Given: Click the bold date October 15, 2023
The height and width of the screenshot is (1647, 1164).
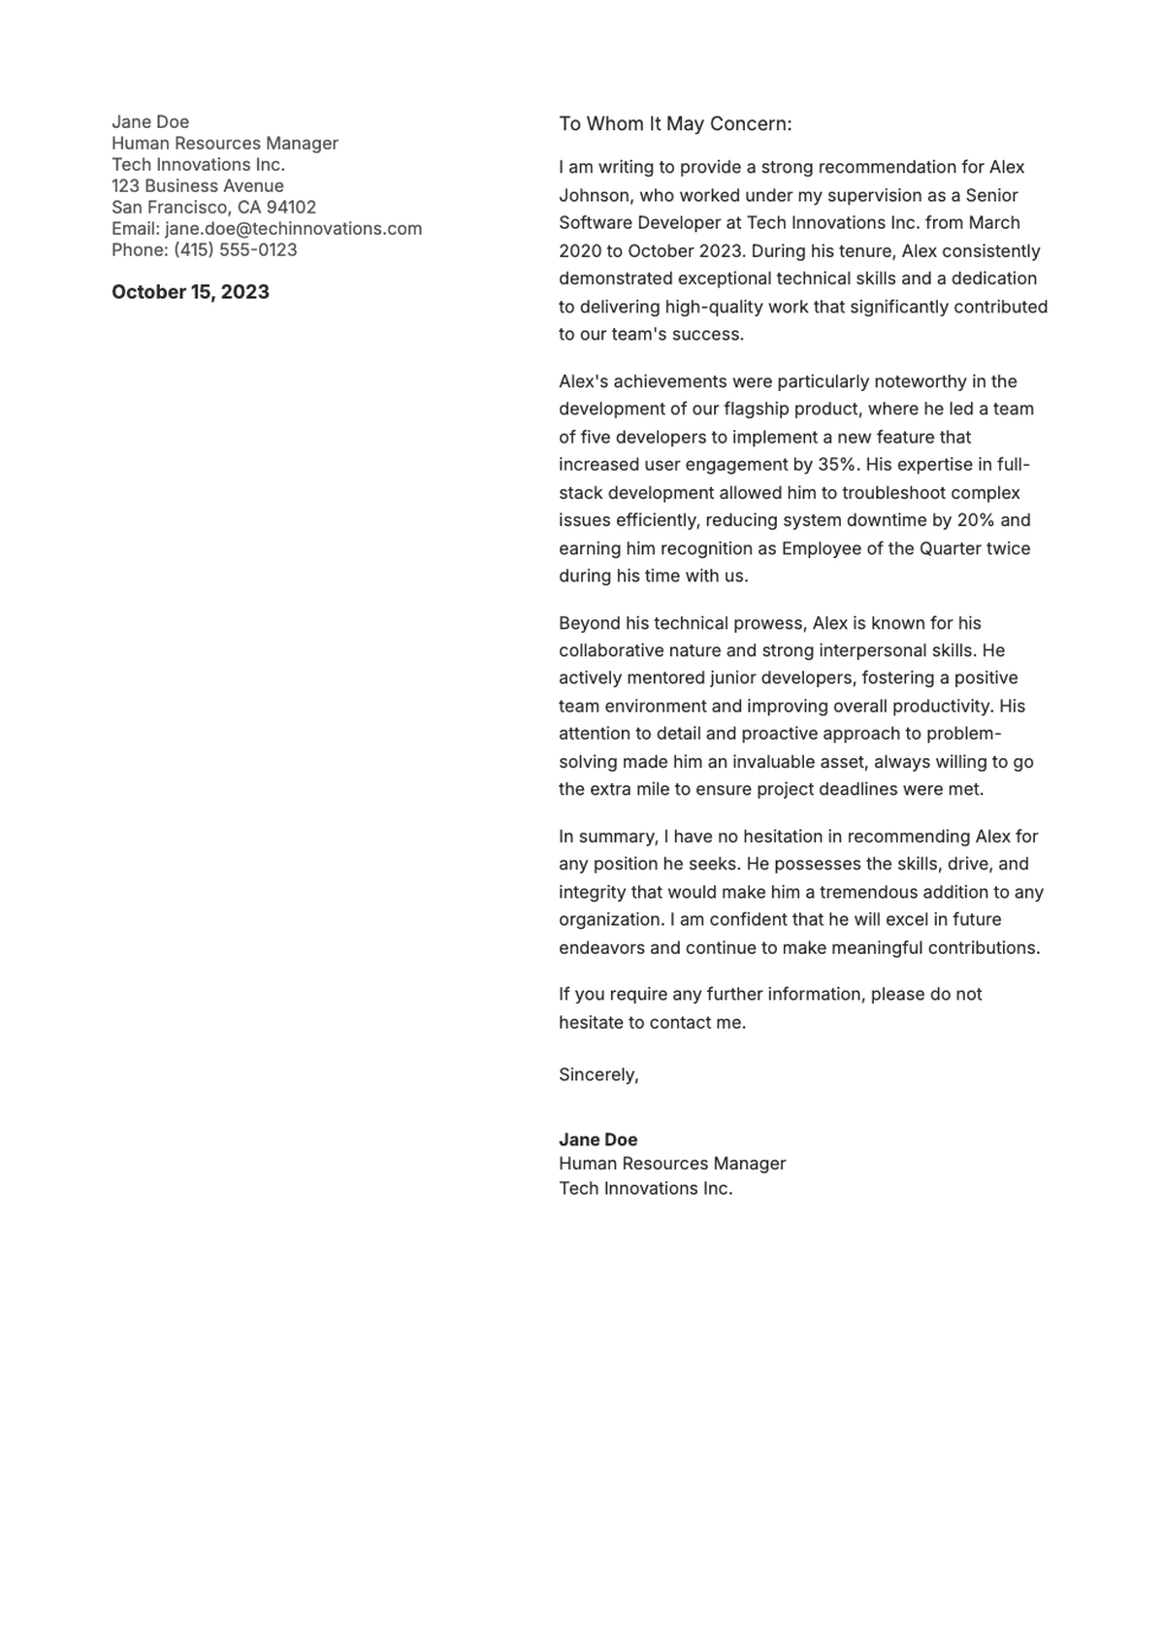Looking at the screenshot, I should [190, 292].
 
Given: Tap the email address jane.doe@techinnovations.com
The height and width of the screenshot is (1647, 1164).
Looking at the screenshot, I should [293, 229].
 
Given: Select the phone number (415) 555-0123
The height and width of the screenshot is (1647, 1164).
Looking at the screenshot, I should [236, 250].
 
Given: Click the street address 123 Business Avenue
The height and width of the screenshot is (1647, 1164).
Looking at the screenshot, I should [198, 186].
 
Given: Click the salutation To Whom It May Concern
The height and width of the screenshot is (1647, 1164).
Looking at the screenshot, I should [675, 124].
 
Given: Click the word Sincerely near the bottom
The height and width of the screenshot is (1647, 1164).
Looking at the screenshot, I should [598, 1075].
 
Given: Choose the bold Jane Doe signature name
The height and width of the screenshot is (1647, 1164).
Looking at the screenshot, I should [598, 1140].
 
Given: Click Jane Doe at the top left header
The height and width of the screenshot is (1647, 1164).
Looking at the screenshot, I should [150, 122].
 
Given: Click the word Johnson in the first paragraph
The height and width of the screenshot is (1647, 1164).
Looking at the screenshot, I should [594, 195].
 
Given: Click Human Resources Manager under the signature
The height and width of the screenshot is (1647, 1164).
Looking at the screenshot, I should [672, 1164].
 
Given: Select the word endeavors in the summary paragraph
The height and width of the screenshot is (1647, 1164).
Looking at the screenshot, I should [601, 948].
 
